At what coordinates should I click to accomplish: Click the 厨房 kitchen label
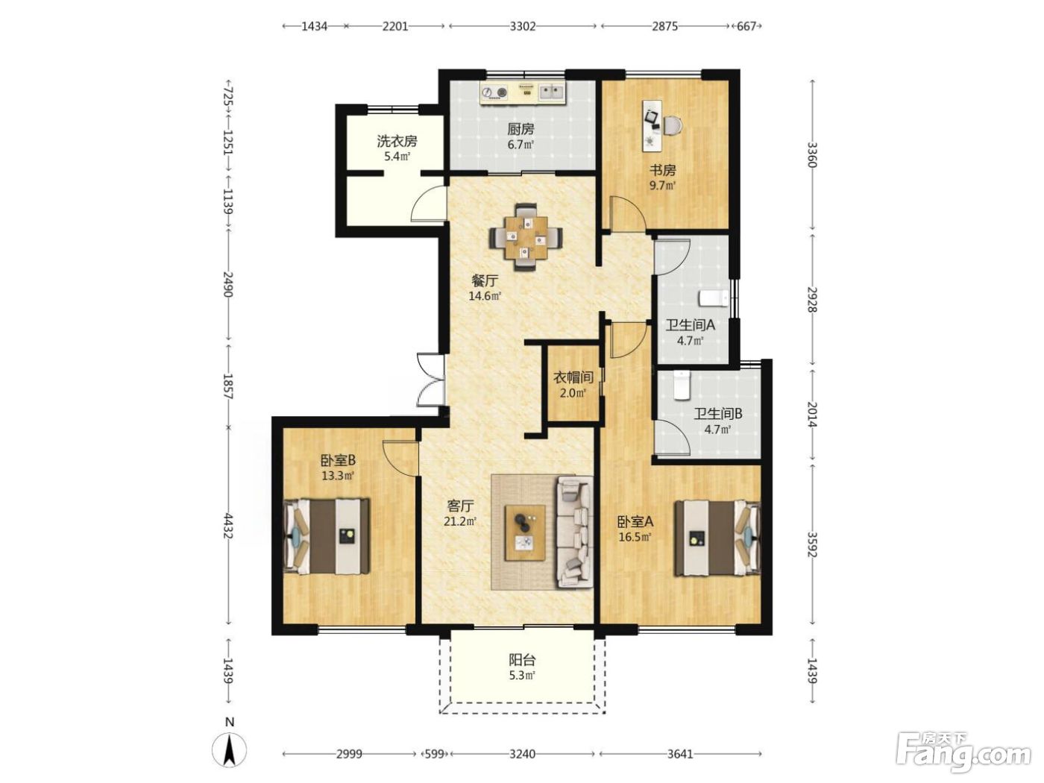[521, 129]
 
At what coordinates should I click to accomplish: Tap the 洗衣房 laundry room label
[397, 141]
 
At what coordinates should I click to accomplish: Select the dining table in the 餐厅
[526, 236]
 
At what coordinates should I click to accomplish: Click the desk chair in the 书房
[672, 125]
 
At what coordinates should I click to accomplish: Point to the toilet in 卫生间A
[713, 298]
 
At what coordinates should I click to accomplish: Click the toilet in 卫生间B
[682, 385]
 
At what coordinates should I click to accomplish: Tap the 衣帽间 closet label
[573, 378]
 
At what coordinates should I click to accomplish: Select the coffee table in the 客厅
[525, 533]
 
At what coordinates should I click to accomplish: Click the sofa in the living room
[575, 533]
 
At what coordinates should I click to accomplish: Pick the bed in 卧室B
[327, 535]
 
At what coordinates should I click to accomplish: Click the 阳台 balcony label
[522, 660]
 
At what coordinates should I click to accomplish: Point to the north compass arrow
[229, 751]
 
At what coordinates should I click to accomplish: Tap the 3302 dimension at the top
[523, 26]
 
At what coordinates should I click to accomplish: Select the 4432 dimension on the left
[228, 526]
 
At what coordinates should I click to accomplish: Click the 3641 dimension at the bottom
[680, 754]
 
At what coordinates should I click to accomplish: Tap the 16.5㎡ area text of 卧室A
[635, 538]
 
